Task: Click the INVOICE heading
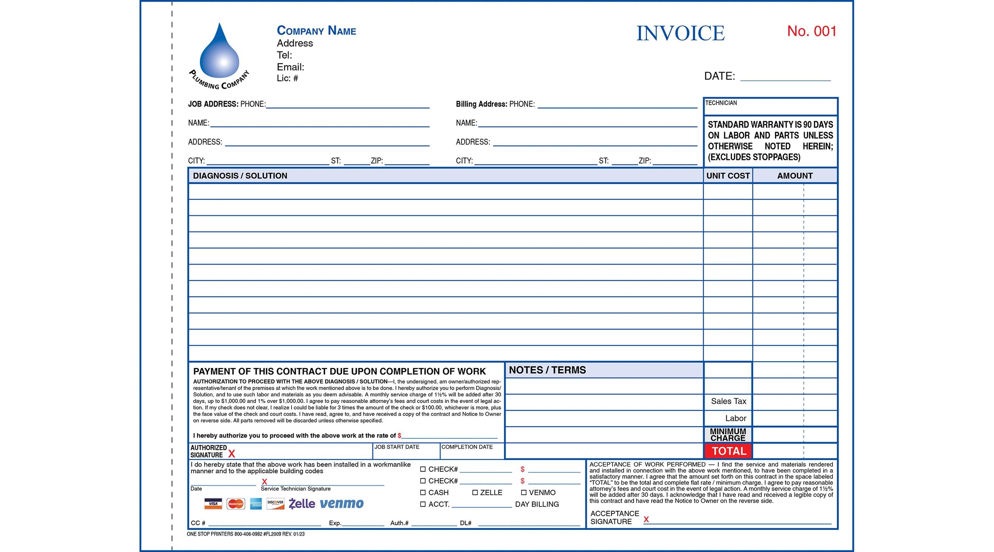pyautogui.click(x=680, y=33)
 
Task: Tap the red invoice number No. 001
pyautogui.click(x=812, y=31)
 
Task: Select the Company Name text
pyautogui.click(x=316, y=30)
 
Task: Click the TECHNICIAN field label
pyautogui.click(x=721, y=103)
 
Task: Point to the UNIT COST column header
pyautogui.click(x=728, y=176)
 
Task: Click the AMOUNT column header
pyautogui.click(x=794, y=176)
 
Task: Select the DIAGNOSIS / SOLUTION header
pyautogui.click(x=240, y=176)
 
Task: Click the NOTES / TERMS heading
pyautogui.click(x=547, y=370)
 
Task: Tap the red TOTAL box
pyautogui.click(x=728, y=451)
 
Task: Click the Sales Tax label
pyautogui.click(x=728, y=401)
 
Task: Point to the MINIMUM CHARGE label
pyautogui.click(x=728, y=435)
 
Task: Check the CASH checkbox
pyautogui.click(x=423, y=493)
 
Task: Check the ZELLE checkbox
pyautogui.click(x=475, y=493)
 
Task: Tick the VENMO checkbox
pyautogui.click(x=523, y=493)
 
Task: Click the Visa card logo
pyautogui.click(x=213, y=504)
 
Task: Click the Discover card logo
pyautogui.click(x=275, y=504)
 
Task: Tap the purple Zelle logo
pyautogui.click(x=302, y=504)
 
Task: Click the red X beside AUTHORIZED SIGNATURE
pyautogui.click(x=232, y=454)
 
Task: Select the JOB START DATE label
pyautogui.click(x=396, y=447)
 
